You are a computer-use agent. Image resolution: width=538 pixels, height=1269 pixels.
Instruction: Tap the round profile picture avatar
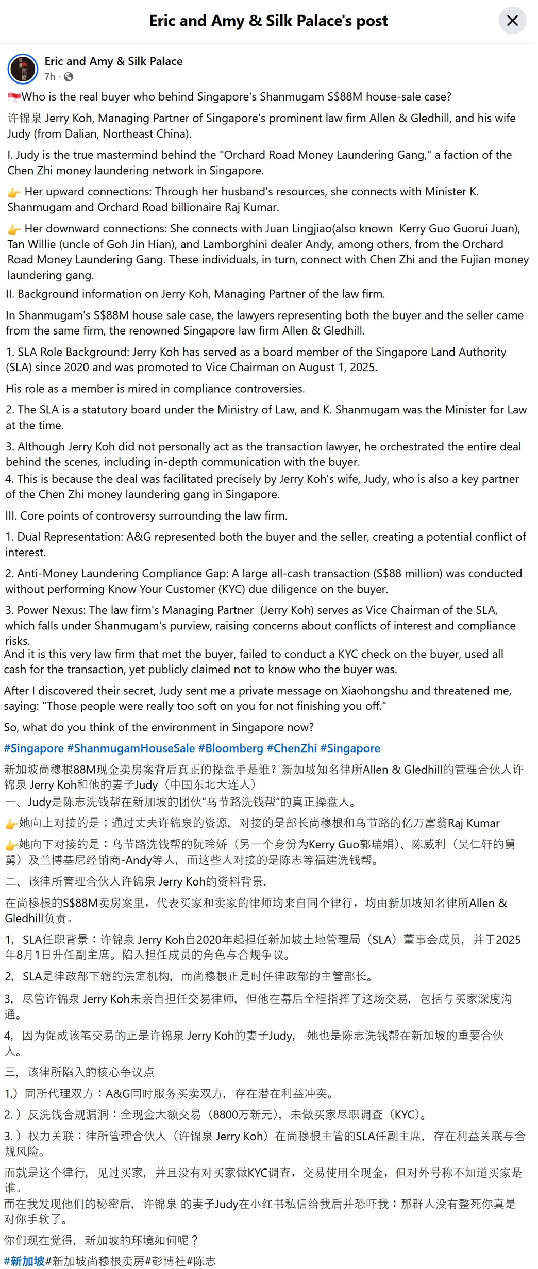pos(23,69)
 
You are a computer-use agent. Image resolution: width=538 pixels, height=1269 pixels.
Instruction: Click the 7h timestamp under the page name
pos(49,77)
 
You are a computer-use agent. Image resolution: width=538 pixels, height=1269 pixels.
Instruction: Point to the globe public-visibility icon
pos(69,77)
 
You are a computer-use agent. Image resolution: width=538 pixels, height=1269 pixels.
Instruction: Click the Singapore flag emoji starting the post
pos(14,97)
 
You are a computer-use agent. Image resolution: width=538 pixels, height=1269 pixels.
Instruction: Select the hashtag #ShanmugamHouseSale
pos(131,748)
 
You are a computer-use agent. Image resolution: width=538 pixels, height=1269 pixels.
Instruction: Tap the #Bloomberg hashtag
pos(231,748)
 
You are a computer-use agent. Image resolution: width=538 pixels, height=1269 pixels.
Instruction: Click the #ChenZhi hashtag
pos(292,748)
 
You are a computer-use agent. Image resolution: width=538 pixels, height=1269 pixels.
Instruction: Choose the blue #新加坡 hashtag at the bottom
pos(24,1261)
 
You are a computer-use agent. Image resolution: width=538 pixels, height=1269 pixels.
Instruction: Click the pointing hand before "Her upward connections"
pos(14,192)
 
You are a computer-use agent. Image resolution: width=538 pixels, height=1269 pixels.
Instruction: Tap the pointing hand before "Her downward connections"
pos(14,229)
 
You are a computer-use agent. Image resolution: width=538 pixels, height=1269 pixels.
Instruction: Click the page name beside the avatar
pos(113,61)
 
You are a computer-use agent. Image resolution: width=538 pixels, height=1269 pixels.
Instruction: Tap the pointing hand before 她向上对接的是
pos(11,824)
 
